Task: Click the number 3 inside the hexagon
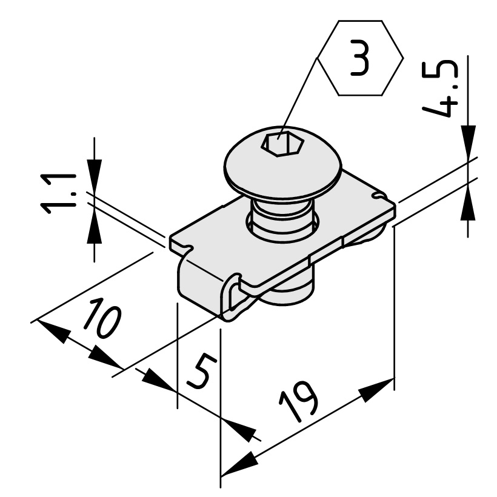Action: tap(360, 58)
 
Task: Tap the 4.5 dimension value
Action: tap(441, 88)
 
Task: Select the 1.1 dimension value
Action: tap(58, 194)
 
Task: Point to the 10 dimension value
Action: tap(102, 317)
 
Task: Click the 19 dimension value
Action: tap(298, 402)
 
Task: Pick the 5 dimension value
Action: tap(202, 372)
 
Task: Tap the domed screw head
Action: tap(282, 162)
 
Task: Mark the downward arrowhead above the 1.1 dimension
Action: tap(94, 176)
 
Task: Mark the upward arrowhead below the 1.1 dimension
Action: tap(94, 227)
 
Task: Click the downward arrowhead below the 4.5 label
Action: tap(468, 142)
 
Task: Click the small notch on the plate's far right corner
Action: tap(379, 196)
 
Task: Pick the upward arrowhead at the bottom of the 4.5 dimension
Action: tap(468, 202)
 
